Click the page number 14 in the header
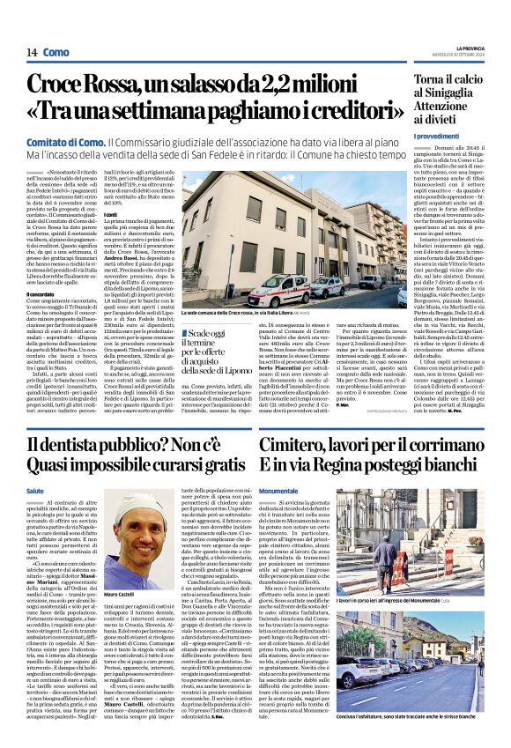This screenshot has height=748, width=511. [31, 52]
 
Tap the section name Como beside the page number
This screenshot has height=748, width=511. [56, 52]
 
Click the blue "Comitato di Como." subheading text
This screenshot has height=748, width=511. [65, 141]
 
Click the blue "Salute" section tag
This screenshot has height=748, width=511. [35, 491]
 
